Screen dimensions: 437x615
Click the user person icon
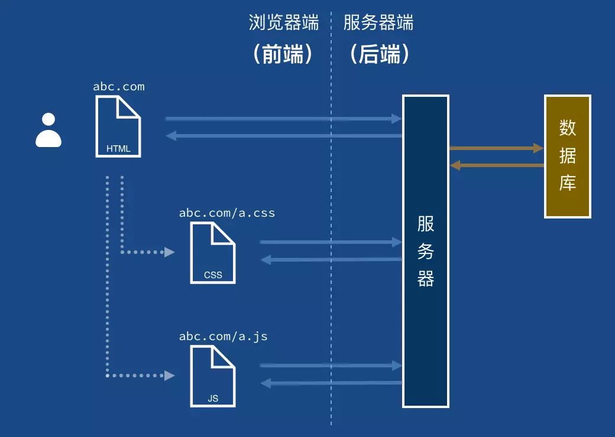[48, 131]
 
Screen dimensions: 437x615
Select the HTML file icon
[118, 127]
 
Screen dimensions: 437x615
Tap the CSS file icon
[213, 253]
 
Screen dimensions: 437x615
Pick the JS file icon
[213, 376]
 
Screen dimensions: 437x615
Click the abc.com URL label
[118, 87]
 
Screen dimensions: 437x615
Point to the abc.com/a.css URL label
[227, 213]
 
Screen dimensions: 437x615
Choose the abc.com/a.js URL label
[224, 337]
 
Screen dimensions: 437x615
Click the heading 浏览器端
[284, 24]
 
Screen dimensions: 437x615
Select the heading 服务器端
[378, 24]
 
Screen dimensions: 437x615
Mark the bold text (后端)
[379, 55]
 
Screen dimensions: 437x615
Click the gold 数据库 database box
[568, 156]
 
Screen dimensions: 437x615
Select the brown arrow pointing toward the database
[497, 148]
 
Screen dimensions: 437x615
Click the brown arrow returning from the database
[497, 165]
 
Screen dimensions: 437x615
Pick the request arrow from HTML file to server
[284, 119]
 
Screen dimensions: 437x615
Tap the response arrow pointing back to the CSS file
[331, 259]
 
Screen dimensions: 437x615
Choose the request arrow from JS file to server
[331, 366]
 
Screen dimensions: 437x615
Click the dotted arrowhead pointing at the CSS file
[170, 252]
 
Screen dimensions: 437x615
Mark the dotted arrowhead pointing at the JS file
[170, 375]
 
